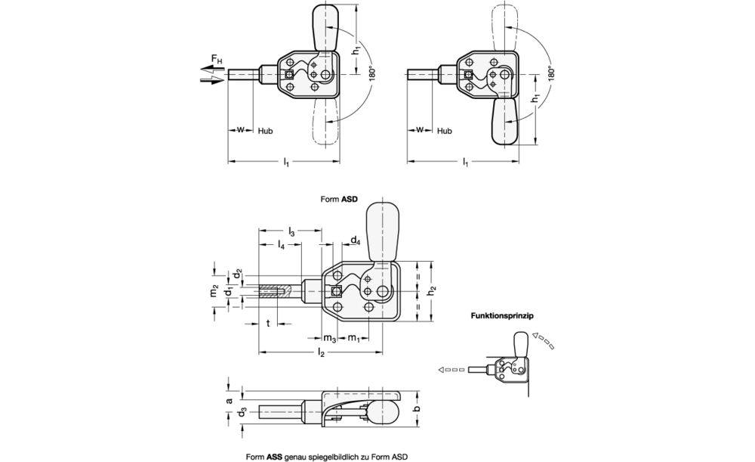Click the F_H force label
[x=217, y=60]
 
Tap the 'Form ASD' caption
[x=339, y=199]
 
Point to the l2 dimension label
[x=321, y=353]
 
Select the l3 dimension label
[x=291, y=232]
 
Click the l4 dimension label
[x=281, y=245]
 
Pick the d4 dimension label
[x=355, y=240]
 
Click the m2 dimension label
[x=214, y=292]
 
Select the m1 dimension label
[x=354, y=338]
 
